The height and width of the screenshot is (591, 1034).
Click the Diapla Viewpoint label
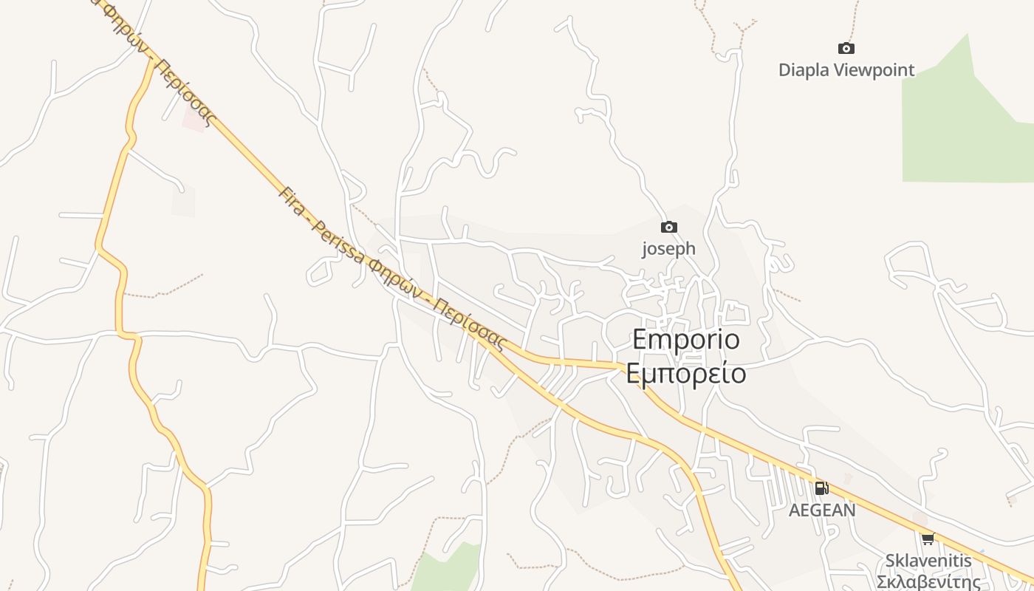pyautogui.click(x=846, y=70)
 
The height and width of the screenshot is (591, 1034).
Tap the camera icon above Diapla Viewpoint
pyautogui.click(x=846, y=49)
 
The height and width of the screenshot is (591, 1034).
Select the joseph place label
pyautogui.click(x=668, y=248)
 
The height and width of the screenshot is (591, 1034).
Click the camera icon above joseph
pyautogui.click(x=668, y=228)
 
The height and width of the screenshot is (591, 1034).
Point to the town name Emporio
pyautogui.click(x=685, y=339)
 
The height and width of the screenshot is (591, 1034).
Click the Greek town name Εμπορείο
pyautogui.click(x=685, y=374)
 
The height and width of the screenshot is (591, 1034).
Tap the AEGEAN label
pyautogui.click(x=822, y=510)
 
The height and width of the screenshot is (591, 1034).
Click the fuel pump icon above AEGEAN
pyautogui.click(x=821, y=488)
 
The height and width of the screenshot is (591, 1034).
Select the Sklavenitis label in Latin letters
pyautogui.click(x=928, y=561)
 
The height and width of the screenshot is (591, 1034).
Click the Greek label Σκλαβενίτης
pyautogui.click(x=928, y=581)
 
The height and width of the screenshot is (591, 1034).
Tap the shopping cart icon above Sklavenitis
pyautogui.click(x=928, y=539)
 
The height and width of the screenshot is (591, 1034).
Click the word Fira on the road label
pyautogui.click(x=292, y=200)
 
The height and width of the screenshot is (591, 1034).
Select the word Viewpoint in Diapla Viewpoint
pyautogui.click(x=874, y=70)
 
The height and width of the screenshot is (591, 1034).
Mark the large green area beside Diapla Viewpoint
pyautogui.click(x=960, y=133)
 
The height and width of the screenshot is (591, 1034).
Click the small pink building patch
pyautogui.click(x=194, y=122)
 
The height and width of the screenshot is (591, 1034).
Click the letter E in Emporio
pyautogui.click(x=640, y=339)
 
